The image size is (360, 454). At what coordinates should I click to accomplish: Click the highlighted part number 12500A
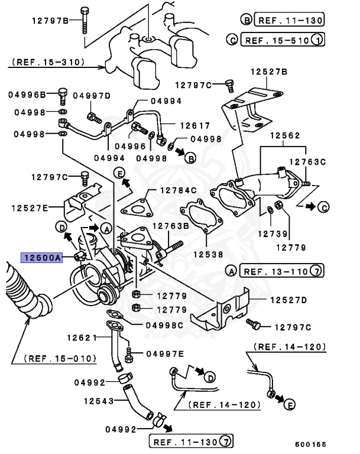42,257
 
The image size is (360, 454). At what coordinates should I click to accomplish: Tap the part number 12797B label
50,21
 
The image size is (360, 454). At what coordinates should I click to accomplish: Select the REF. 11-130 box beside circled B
289,20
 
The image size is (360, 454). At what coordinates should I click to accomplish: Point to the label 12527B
268,72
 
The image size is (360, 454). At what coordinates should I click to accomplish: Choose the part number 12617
195,125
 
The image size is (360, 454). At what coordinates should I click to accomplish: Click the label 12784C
177,191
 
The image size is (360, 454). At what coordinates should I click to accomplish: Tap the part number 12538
207,255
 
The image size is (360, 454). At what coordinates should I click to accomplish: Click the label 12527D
289,300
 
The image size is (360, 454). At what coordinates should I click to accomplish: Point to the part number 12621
81,338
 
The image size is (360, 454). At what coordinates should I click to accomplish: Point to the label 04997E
164,354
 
